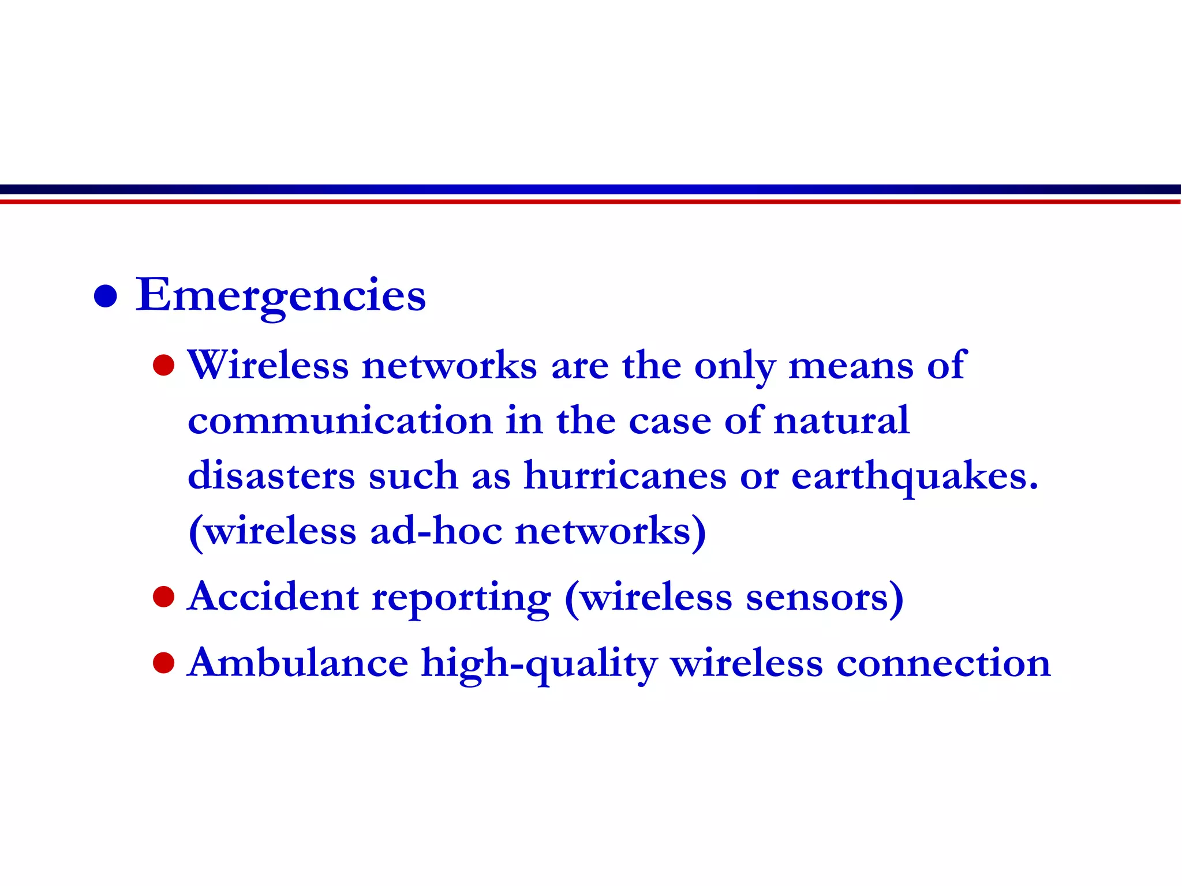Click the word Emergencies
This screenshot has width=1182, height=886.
[x=280, y=295]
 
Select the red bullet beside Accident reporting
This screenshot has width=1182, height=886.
[x=164, y=597]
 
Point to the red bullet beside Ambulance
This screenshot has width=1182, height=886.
[x=164, y=663]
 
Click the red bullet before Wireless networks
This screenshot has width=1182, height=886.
[x=164, y=365]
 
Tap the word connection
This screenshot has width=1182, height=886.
[x=943, y=663]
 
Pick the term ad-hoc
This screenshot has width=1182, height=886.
[x=436, y=531]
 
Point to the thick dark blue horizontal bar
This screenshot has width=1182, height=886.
[x=590, y=189]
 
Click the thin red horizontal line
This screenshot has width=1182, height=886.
[x=590, y=202]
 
